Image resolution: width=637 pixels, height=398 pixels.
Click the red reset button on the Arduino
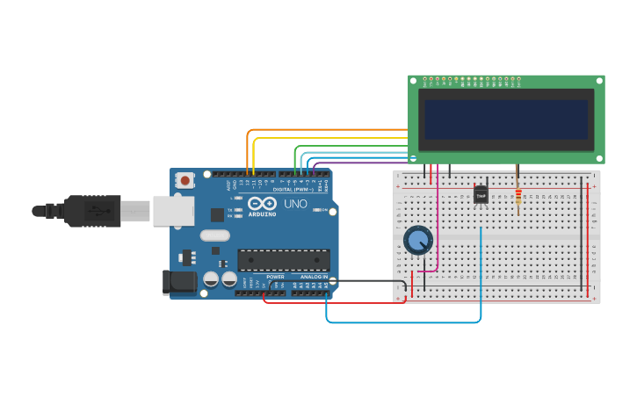(185, 180)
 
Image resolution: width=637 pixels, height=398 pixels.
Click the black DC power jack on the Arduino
(179, 282)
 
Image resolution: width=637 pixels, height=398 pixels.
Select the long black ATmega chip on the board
(284, 260)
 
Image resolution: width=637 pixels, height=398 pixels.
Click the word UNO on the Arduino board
(295, 204)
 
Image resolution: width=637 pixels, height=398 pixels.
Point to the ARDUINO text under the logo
(262, 213)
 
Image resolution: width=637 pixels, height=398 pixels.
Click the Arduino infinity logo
(262, 202)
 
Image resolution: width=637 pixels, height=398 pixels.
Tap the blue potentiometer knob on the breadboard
(418, 241)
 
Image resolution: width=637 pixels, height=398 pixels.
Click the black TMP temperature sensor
(481, 195)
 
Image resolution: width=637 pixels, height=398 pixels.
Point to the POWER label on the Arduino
(275, 277)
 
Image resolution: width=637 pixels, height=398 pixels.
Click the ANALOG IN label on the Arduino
(314, 277)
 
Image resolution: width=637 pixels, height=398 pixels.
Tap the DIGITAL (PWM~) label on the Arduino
(293, 189)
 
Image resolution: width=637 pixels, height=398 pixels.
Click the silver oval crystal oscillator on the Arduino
(214, 235)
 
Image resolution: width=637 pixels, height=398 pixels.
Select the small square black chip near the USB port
(217, 214)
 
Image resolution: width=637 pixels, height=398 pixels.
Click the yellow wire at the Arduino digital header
(254, 158)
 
